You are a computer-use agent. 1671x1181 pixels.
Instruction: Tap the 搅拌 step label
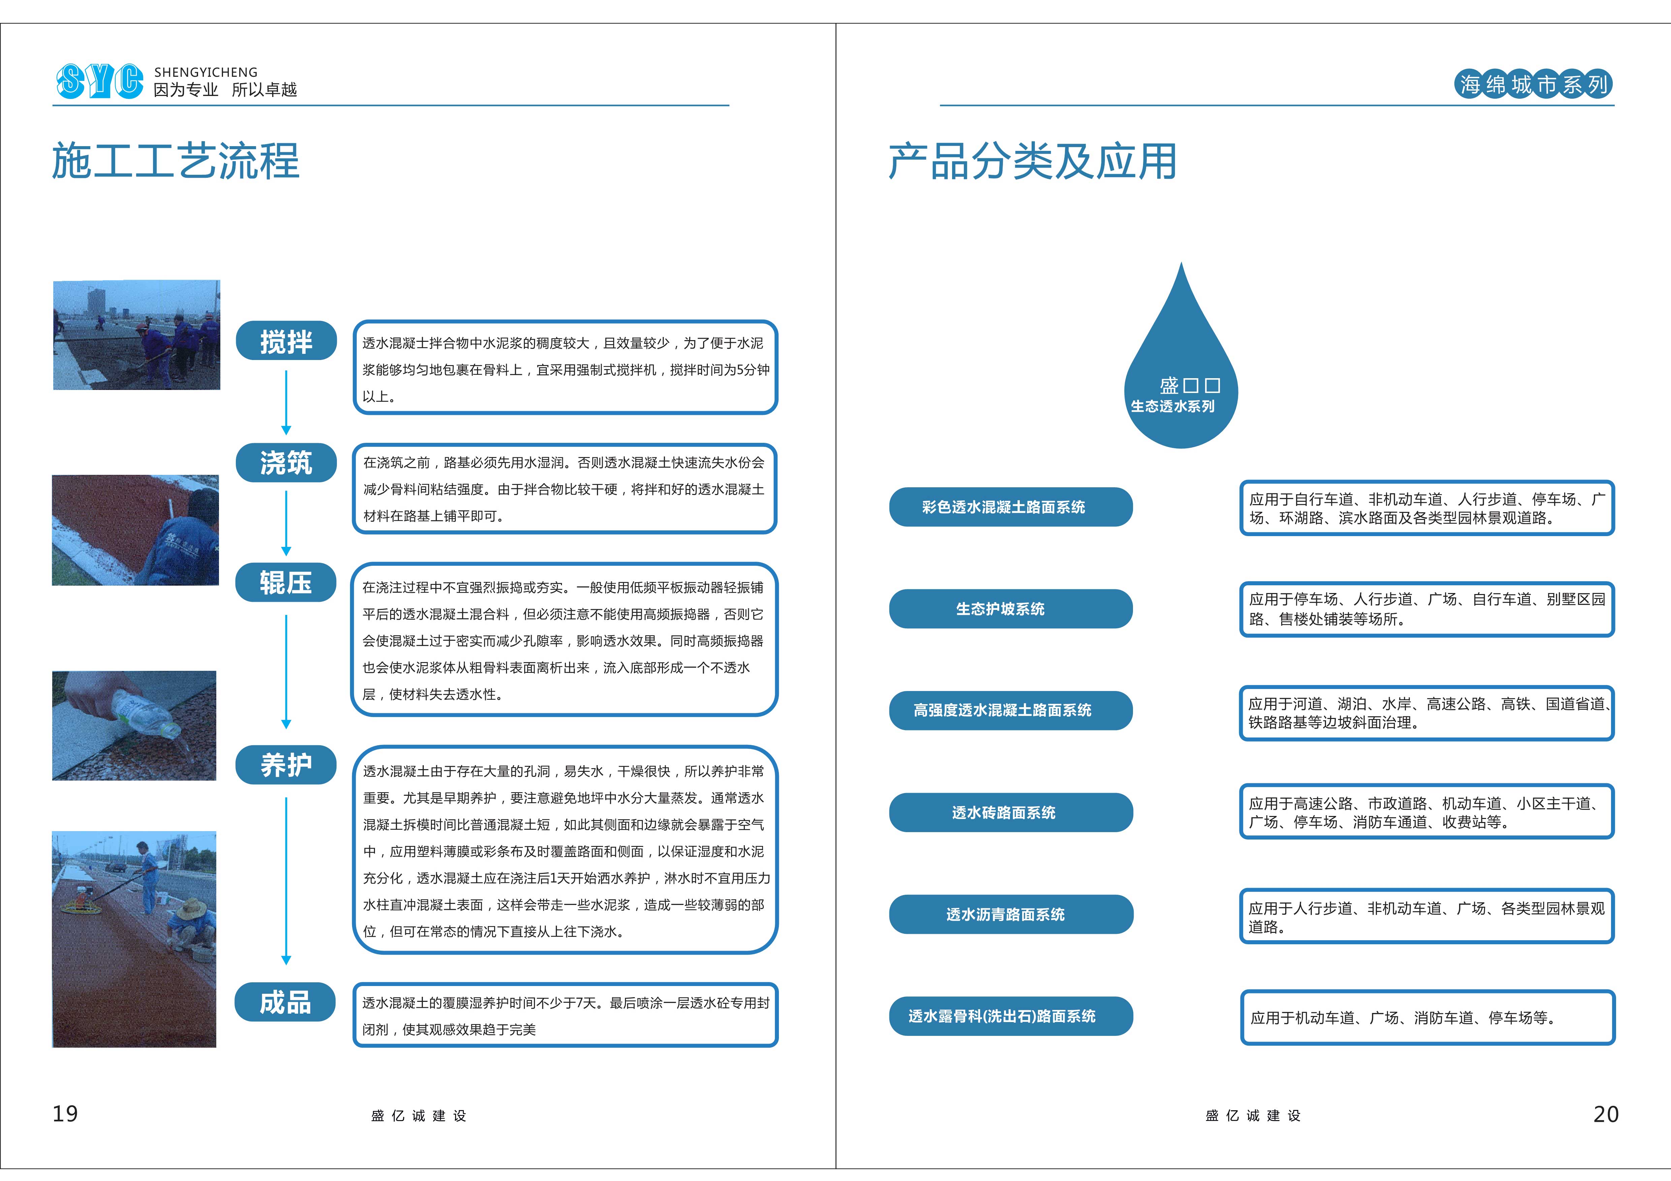286,340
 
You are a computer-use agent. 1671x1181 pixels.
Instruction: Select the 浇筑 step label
286,462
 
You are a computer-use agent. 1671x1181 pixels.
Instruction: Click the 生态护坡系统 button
1011,608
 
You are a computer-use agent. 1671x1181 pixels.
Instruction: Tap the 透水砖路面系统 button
1011,812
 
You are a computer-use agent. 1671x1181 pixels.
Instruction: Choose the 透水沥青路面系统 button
1011,914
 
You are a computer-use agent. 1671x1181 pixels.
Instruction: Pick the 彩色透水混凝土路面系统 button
1011,506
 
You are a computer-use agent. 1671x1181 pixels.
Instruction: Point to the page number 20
1606,1114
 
